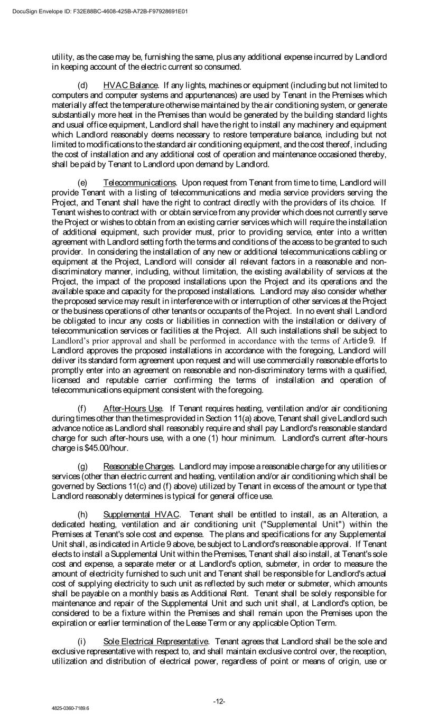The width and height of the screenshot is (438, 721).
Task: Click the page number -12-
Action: tap(219, 701)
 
